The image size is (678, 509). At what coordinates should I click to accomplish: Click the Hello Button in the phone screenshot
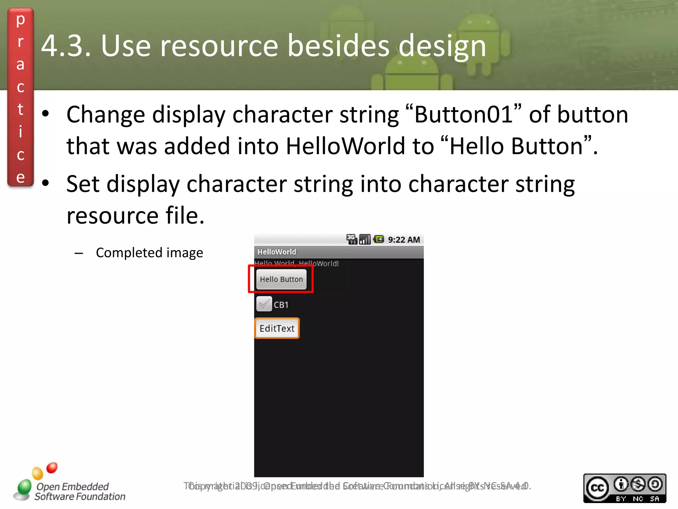pyautogui.click(x=281, y=279)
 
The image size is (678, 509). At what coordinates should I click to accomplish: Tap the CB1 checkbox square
pyautogui.click(x=264, y=304)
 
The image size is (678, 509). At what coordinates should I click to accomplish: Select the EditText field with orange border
pyautogui.click(x=277, y=328)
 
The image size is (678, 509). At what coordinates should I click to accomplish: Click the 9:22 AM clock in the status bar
pyautogui.click(x=404, y=240)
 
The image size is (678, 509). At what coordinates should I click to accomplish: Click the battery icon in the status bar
pyautogui.click(x=379, y=239)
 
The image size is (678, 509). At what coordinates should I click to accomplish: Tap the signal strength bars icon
pyautogui.click(x=365, y=239)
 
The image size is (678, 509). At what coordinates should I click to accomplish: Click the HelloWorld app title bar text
pyautogui.click(x=277, y=252)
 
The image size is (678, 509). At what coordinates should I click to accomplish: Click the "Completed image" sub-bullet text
pyautogui.click(x=149, y=253)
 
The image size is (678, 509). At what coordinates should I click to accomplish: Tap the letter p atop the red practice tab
pyautogui.click(x=21, y=20)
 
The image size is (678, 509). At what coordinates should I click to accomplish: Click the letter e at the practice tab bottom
pyautogui.click(x=21, y=177)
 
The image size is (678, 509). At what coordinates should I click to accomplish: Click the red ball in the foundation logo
pyautogui.click(x=52, y=468)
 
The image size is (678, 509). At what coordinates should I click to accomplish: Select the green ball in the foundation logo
pyautogui.click(x=24, y=487)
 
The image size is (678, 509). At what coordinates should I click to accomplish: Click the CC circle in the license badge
pyautogui.click(x=598, y=488)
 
